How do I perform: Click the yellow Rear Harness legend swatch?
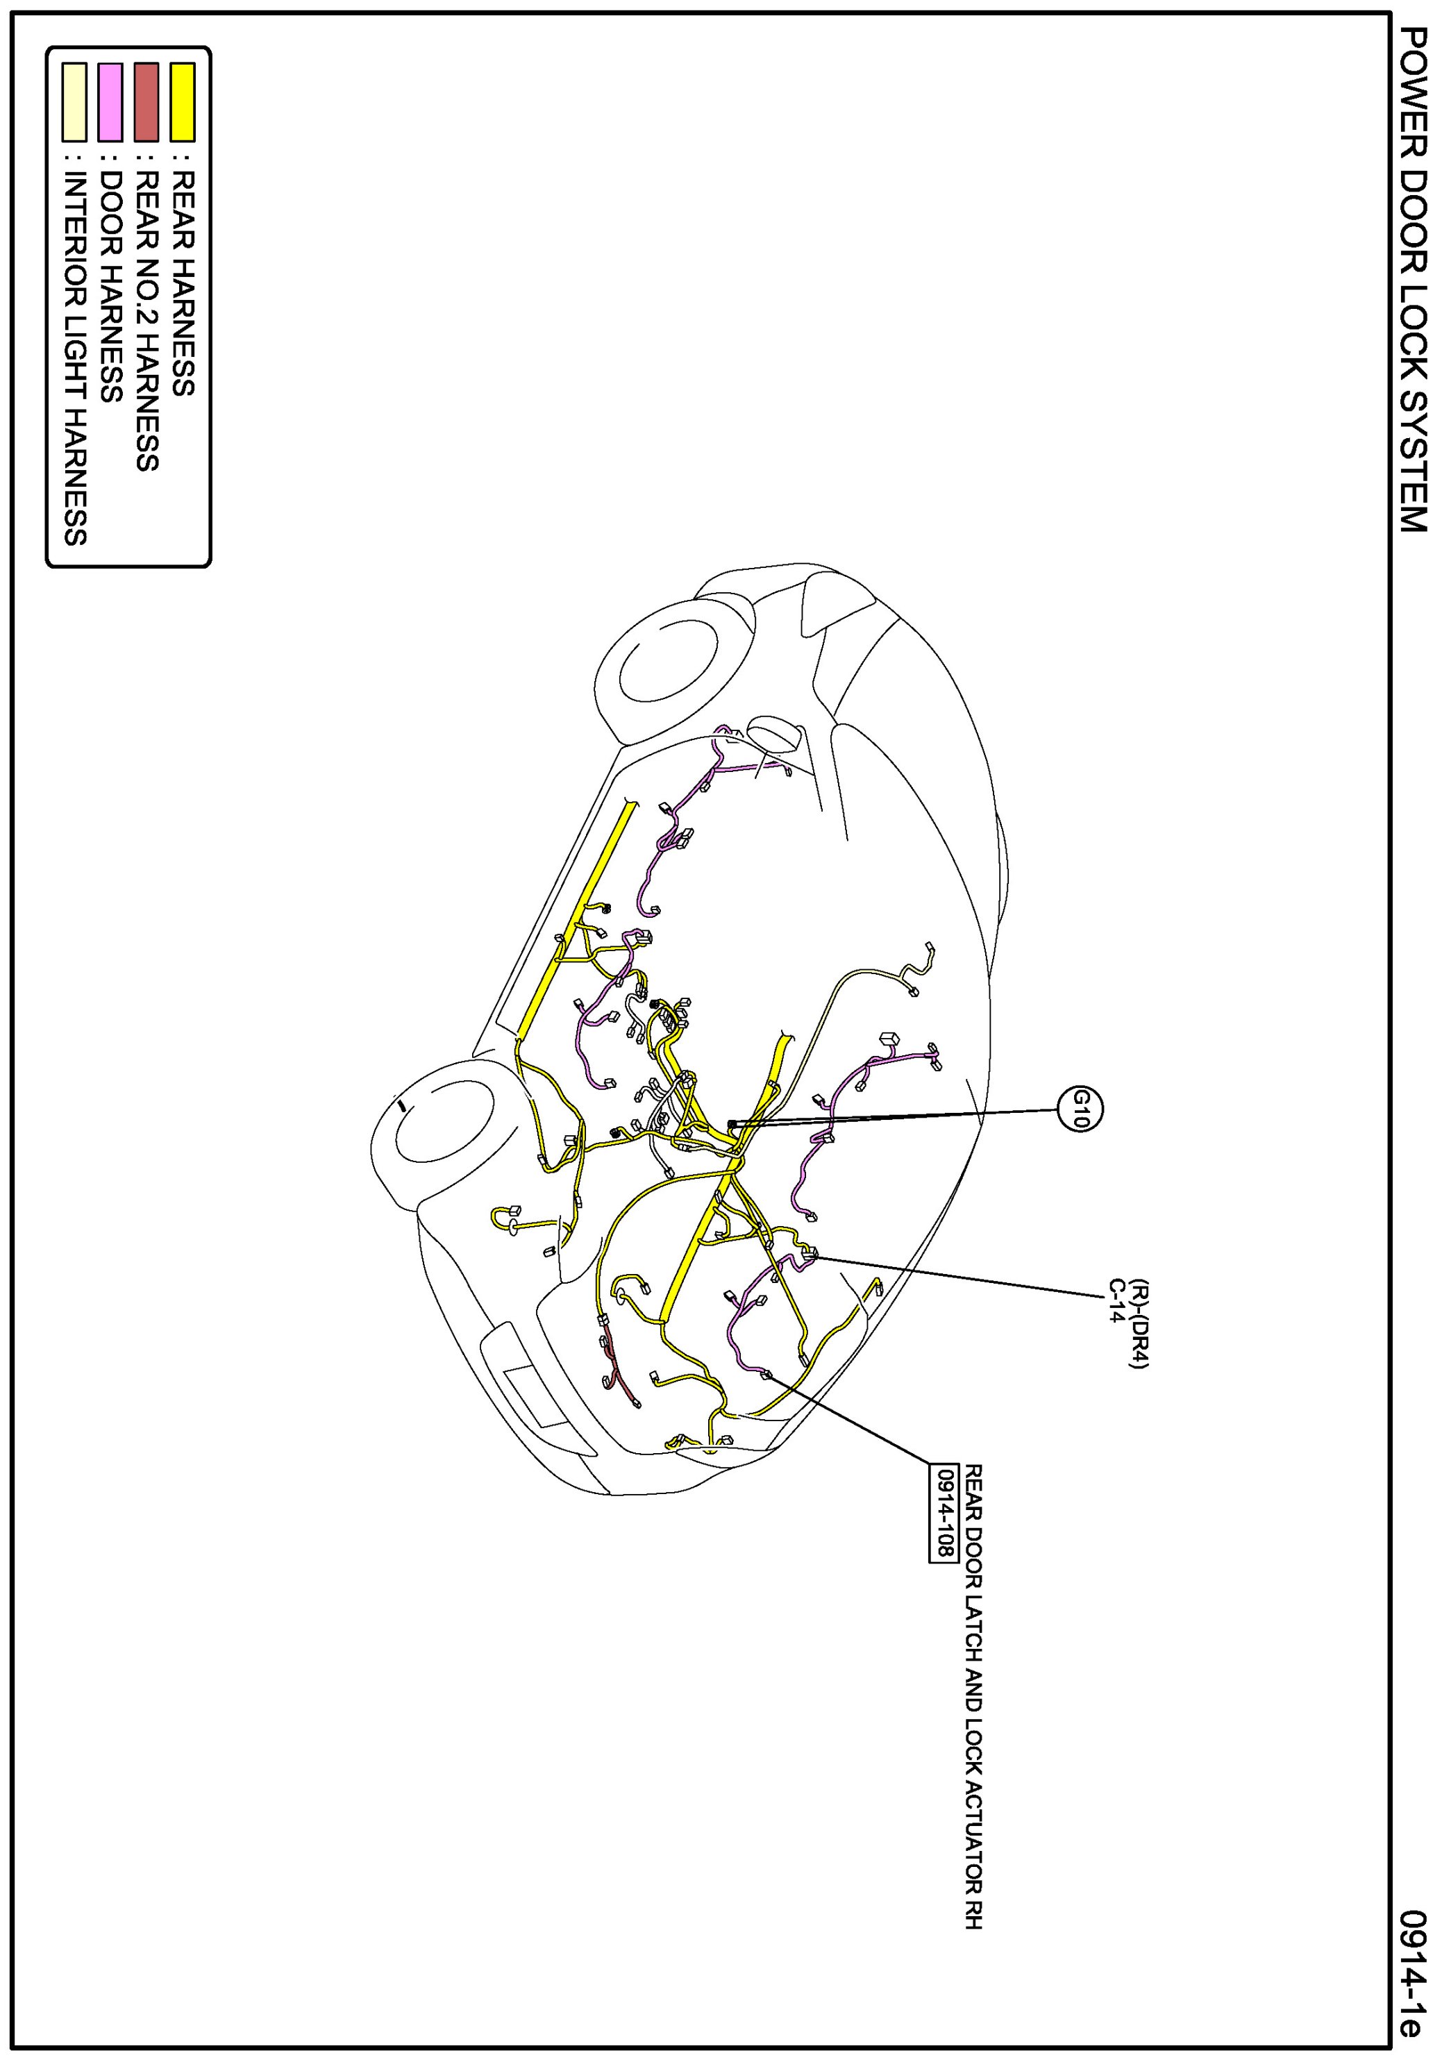pos(183,101)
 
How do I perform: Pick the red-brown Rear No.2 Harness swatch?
pos(146,101)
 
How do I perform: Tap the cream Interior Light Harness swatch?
pos(74,101)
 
